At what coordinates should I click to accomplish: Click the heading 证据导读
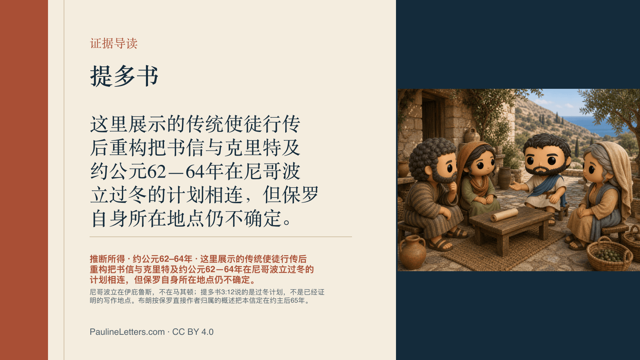tap(114, 44)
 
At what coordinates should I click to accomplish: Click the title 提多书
tap(124, 76)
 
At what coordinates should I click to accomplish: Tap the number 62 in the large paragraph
tap(156, 172)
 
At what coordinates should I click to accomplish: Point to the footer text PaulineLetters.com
tap(127, 332)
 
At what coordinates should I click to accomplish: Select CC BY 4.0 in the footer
tap(193, 332)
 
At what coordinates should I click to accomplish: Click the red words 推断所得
tap(108, 259)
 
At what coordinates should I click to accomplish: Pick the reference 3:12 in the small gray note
tap(228, 292)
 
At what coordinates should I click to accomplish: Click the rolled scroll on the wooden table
tap(504, 215)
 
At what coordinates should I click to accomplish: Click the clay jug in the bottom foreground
tap(412, 252)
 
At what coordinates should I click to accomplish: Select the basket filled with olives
tap(609, 254)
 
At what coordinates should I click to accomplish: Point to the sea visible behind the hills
tap(594, 124)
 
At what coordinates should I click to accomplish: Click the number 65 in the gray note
tap(294, 300)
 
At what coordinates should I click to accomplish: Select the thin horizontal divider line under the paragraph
tap(220, 237)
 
